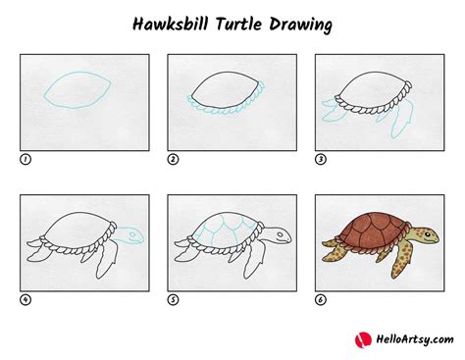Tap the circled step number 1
coord(25,158)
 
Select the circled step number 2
coord(173,158)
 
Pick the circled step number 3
coord(320,158)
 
